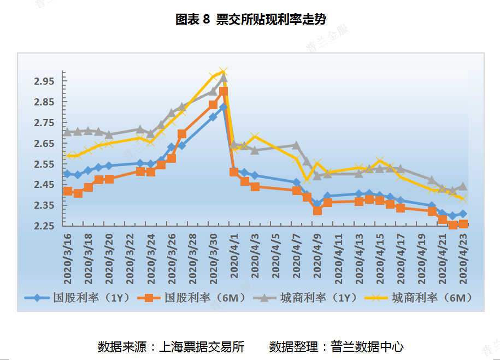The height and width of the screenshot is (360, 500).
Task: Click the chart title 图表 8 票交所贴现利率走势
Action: pyautogui.click(x=250, y=20)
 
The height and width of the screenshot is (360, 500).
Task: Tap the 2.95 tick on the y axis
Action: pyautogui.click(x=44, y=81)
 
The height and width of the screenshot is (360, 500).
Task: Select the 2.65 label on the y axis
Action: pyautogui.click(x=44, y=144)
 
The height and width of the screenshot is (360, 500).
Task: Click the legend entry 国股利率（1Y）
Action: pyautogui.click(x=82, y=298)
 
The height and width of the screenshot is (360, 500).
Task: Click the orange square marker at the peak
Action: pyautogui.click(x=223, y=91)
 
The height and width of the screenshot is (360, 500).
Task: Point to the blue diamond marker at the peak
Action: pyautogui.click(x=223, y=107)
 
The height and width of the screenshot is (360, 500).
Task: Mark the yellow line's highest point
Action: pyautogui.click(x=223, y=72)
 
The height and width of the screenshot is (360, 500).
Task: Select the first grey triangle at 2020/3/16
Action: pyautogui.click(x=67, y=132)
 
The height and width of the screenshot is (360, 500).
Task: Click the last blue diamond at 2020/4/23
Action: pyautogui.click(x=463, y=214)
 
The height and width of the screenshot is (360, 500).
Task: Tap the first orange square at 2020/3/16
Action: pyautogui.click(x=68, y=191)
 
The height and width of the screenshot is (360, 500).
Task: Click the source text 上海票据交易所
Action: pyautogui.click(x=201, y=346)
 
